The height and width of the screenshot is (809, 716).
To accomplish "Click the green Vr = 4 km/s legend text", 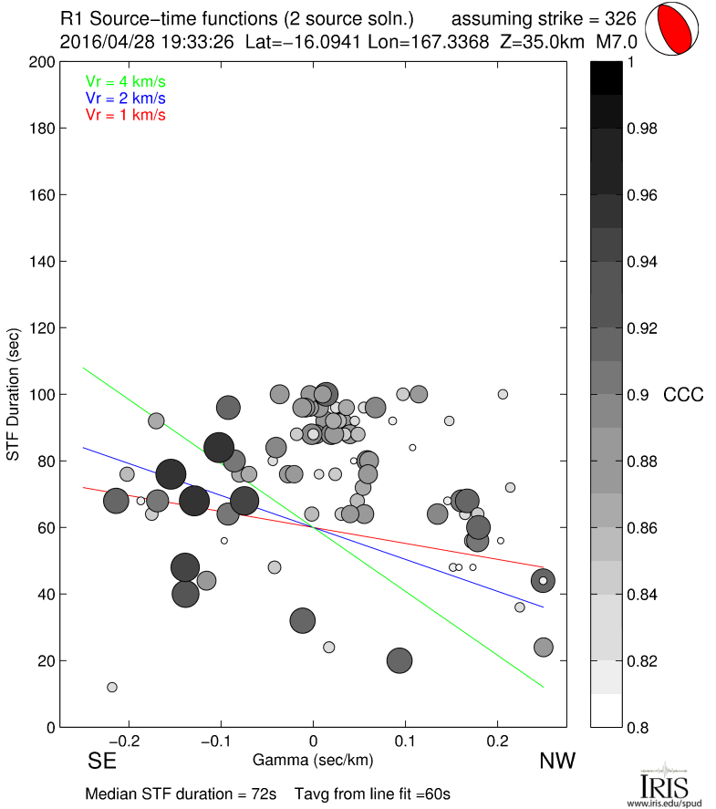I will coord(125,82).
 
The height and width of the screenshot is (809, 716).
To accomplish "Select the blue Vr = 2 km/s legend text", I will coord(125,99).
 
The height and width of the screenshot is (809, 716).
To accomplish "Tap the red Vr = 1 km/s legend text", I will coord(125,115).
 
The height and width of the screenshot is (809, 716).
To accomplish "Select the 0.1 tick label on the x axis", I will coord(406,741).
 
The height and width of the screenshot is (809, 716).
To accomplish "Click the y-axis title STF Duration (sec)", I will coord(14,394).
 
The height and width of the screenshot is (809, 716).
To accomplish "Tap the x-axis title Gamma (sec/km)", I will coord(314,760).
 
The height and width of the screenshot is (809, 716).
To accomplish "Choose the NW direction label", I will coord(556,761).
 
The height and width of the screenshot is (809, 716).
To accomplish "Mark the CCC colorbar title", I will coord(683,395).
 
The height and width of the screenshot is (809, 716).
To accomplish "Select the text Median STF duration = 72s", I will coord(181,793).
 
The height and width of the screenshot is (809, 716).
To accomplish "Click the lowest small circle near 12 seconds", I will coord(111,687).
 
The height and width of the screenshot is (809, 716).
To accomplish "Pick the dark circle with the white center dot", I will coord(543,581).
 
